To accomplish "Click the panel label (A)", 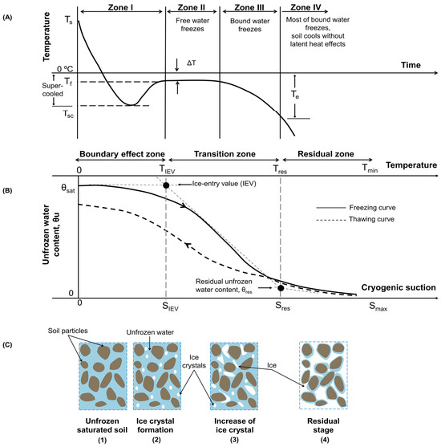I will pyautogui.click(x=11, y=10).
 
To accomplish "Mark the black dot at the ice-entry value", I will pyautogui.click(x=166, y=185).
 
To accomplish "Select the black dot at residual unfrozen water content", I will pyautogui.click(x=280, y=287).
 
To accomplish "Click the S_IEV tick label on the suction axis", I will pyautogui.click(x=166, y=307).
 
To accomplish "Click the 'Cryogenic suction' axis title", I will pyautogui.click(x=398, y=286).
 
